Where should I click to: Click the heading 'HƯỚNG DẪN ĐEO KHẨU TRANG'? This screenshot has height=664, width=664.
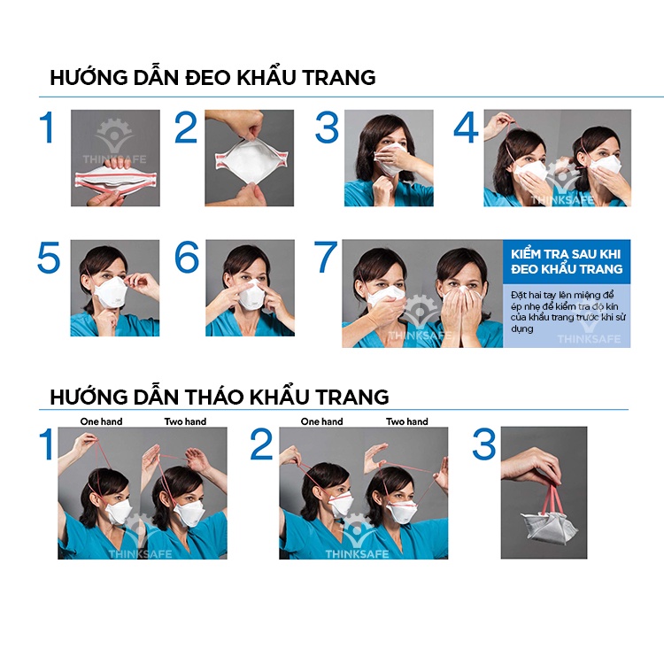coord(212,77)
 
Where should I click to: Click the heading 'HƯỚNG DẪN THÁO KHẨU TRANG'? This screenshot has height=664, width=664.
coord(219,395)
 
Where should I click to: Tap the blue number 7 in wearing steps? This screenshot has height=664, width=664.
coord(327,258)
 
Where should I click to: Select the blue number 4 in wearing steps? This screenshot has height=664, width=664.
coord(466,128)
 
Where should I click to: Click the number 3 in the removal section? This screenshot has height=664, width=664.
coord(483,445)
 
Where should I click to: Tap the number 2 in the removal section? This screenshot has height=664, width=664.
coord(261,445)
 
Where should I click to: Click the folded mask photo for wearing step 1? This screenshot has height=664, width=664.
coord(115,158)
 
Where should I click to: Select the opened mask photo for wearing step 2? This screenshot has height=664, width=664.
coord(250,158)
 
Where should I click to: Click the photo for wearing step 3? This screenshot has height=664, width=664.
coord(389,158)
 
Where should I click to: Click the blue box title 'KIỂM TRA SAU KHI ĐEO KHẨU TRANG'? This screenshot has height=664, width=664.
coord(567,261)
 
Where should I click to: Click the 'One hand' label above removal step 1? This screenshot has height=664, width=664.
coord(101,421)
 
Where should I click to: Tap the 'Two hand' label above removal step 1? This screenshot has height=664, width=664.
coord(185,421)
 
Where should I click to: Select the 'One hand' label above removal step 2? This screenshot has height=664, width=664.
coord(321,421)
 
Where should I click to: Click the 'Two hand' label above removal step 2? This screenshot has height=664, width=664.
coord(406,421)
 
